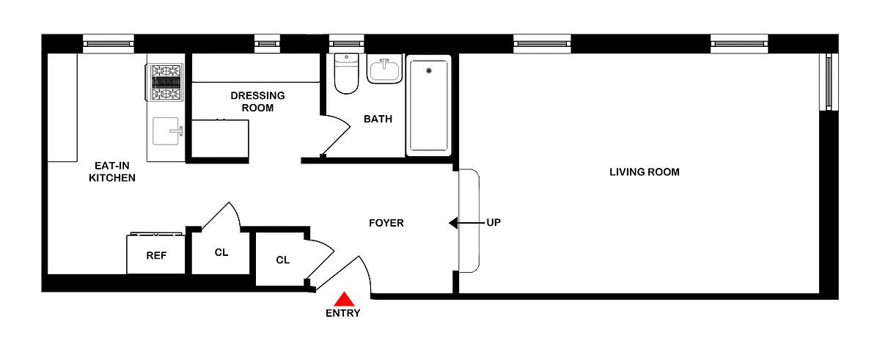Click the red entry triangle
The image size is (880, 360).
pyautogui.click(x=344, y=299)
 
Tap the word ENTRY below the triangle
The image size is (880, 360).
pyautogui.click(x=343, y=314)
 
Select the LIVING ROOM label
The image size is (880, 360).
pyautogui.click(x=645, y=172)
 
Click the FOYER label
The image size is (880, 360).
pyautogui.click(x=386, y=223)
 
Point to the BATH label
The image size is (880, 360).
pyautogui.click(x=378, y=119)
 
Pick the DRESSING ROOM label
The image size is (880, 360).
pyautogui.click(x=257, y=102)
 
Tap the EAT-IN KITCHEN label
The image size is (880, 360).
pyautogui.click(x=112, y=172)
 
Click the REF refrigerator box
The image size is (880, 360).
pyautogui.click(x=155, y=256)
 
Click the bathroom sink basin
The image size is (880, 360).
pyautogui.click(x=384, y=71)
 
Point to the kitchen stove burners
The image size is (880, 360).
pyautogui.click(x=166, y=83)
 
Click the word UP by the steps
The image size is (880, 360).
pyautogui.click(x=494, y=223)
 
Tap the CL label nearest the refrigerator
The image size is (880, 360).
pyautogui.click(x=221, y=253)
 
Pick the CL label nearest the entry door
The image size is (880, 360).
pyautogui.click(x=282, y=260)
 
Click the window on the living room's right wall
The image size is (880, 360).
pyautogui.click(x=829, y=81)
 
